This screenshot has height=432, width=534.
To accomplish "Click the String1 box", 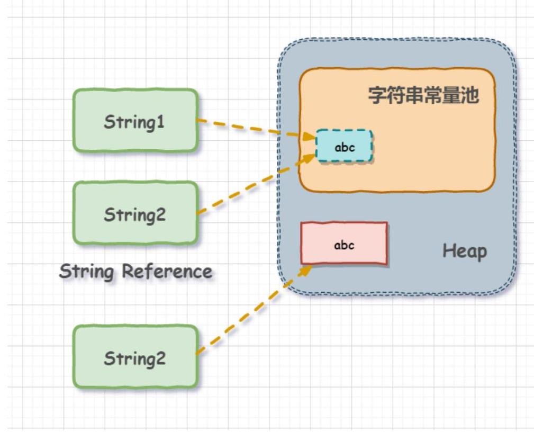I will pos(135,121).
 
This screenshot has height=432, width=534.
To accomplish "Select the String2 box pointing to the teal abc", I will pos(135,214).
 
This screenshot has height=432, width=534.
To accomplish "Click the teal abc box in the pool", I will pos(345,147).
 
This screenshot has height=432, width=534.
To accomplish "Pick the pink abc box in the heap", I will pos(344,244).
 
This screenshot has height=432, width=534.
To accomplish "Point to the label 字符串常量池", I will pos(423,95).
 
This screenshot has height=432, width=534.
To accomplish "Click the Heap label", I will pos(464,251).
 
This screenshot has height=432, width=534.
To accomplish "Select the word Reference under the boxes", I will pos(167,272).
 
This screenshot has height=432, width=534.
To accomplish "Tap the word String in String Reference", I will pos(86,272).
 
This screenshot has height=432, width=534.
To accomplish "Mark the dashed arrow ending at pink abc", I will pos(249,312).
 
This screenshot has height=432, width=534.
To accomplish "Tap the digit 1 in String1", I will pos(161,122).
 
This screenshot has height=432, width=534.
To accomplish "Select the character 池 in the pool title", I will pos(470,95).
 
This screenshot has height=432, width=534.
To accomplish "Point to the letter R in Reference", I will pos(128,272).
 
